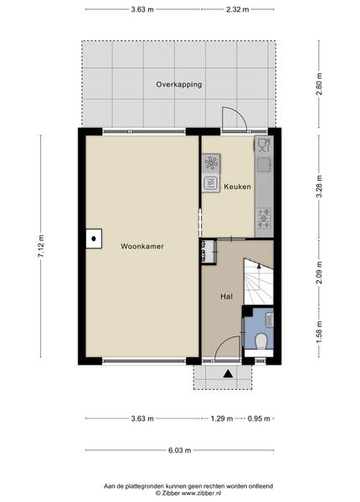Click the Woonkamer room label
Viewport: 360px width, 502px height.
[141, 246]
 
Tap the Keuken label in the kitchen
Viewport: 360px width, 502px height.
[237, 187]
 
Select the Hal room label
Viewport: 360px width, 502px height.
[226, 296]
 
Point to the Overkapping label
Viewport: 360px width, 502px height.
[178, 85]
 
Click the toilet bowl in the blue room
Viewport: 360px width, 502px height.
[261, 341]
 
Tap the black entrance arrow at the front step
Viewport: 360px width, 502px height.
[228, 374]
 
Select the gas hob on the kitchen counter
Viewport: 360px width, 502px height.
[264, 218]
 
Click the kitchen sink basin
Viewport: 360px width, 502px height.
[265, 165]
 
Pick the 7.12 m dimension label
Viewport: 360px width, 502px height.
[41, 246]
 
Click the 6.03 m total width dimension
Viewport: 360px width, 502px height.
[180, 450]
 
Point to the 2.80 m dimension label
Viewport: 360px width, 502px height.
[319, 84]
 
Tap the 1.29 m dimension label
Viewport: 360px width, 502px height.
[222, 418]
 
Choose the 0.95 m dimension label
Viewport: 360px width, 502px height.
[259, 418]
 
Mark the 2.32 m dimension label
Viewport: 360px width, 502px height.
[237, 9]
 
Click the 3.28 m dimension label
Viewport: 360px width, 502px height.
[319, 187]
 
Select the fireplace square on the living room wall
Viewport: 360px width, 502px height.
[94, 238]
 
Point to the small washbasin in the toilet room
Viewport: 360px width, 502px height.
[270, 320]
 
